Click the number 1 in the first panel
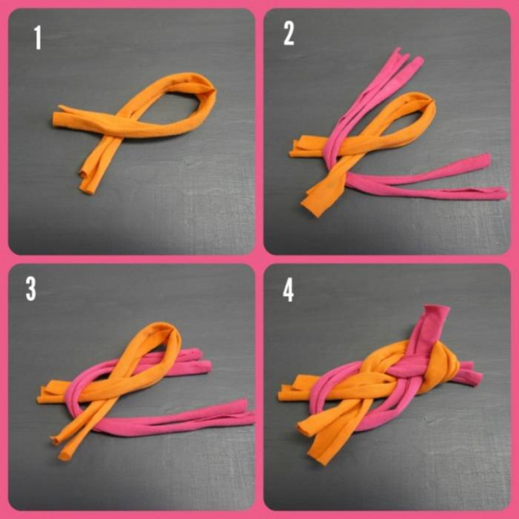[38, 38]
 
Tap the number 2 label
[289, 35]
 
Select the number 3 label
[31, 289]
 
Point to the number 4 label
[288, 291]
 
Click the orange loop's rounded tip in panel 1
[209, 89]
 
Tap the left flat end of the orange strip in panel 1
[58, 119]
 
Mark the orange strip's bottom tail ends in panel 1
[86, 182]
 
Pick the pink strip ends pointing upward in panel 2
[406, 60]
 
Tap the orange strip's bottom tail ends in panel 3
[61, 447]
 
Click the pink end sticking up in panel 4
[436, 316]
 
